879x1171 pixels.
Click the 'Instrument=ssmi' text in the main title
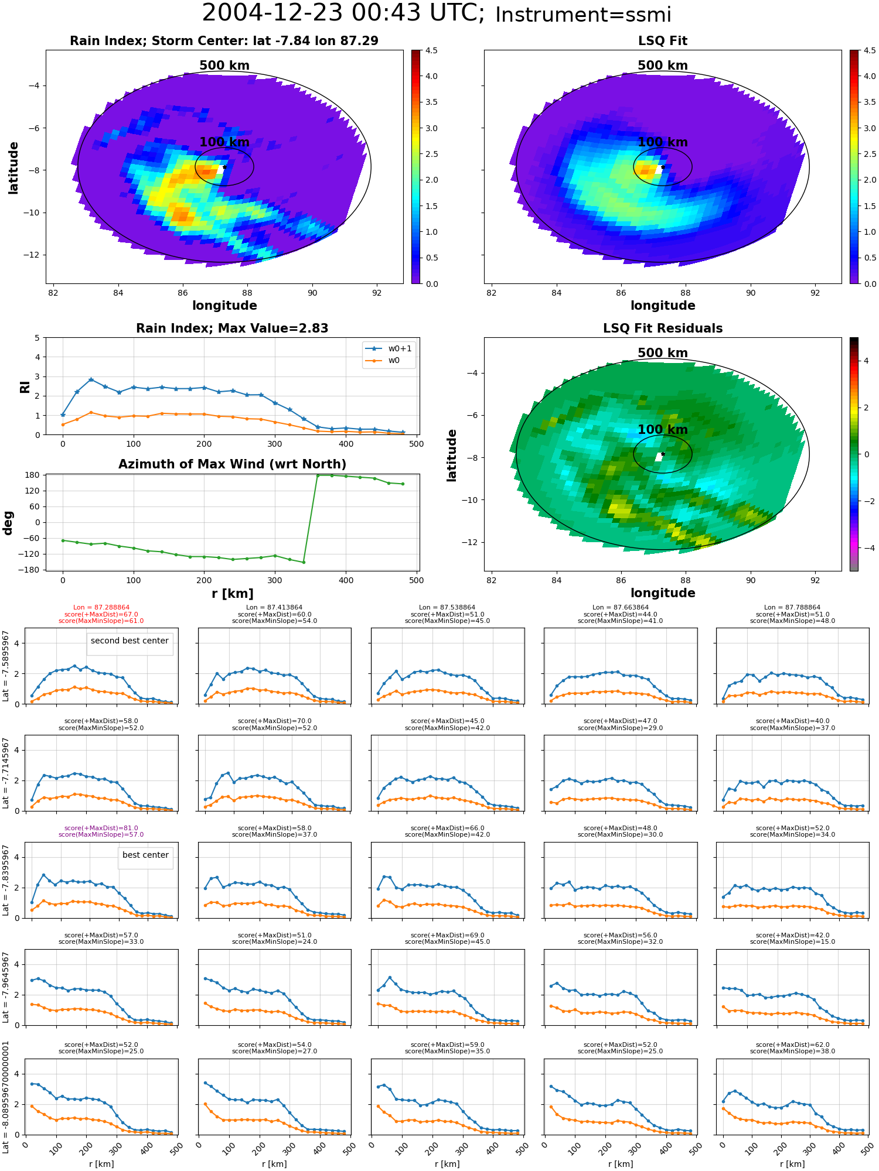click(582, 15)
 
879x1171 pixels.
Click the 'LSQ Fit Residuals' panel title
click(662, 328)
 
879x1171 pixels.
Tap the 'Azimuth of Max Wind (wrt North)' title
click(232, 464)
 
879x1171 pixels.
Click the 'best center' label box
click(145, 855)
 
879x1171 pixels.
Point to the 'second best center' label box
click(130, 641)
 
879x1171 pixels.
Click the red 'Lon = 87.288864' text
click(101, 608)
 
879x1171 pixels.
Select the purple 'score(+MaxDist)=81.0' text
click(101, 828)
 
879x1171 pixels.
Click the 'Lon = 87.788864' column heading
click(792, 608)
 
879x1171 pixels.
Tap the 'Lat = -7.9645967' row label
click(6, 987)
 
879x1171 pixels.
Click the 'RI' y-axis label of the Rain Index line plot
click(25, 386)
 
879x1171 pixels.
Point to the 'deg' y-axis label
click(8, 522)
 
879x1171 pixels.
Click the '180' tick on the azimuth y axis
click(33, 475)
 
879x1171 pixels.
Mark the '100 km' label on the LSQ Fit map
click(662, 142)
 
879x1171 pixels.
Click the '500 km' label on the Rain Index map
click(224, 66)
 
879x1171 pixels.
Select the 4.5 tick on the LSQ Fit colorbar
click(870, 50)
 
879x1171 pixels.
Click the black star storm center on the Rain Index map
click(224, 167)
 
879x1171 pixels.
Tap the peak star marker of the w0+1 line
click(91, 379)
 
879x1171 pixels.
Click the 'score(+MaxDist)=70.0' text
click(274, 721)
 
